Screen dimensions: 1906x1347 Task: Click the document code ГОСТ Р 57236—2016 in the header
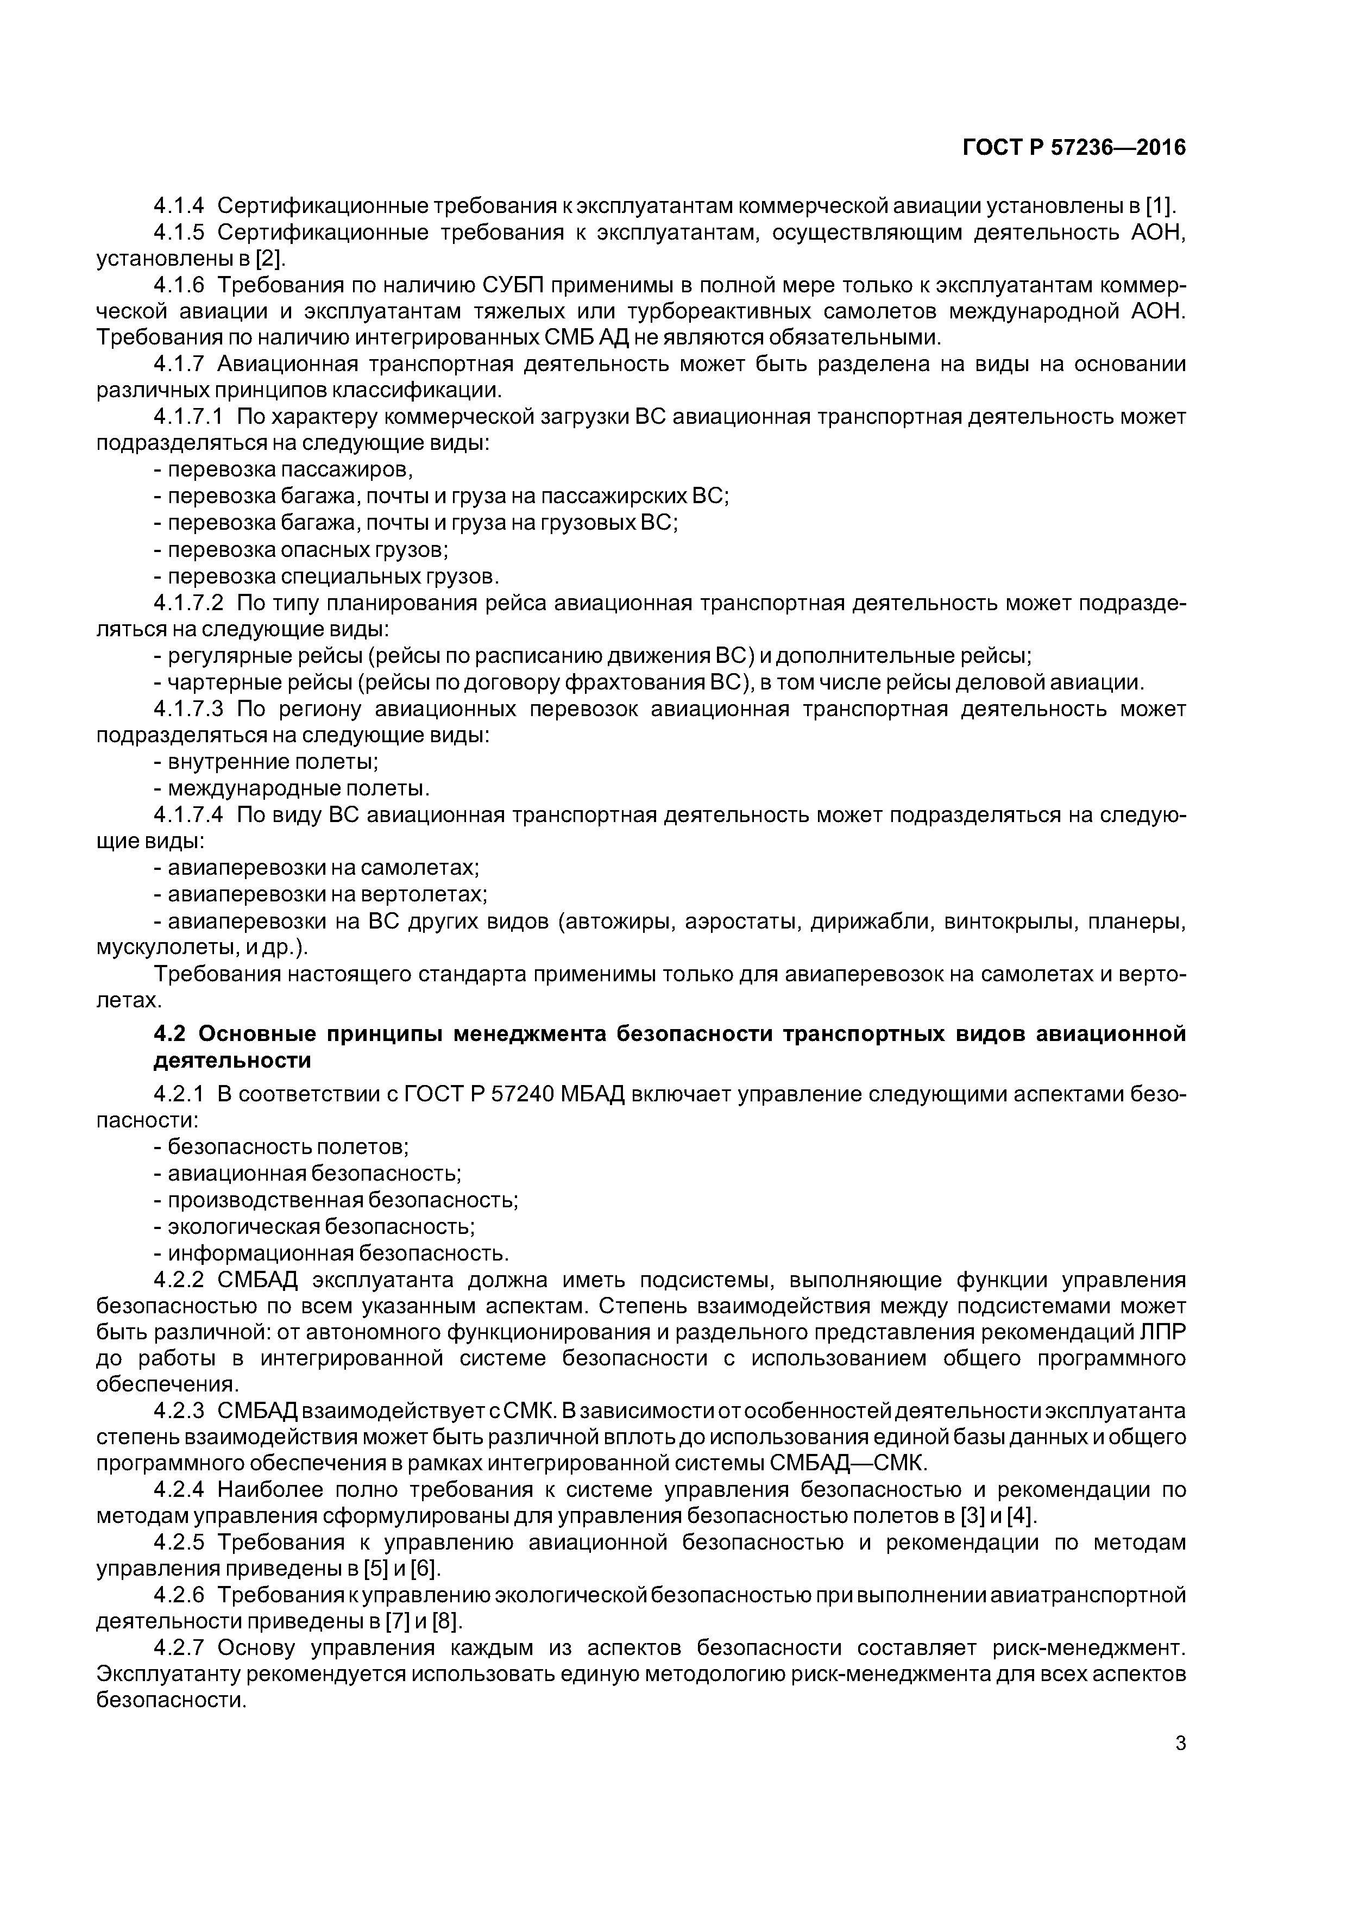tap(1074, 148)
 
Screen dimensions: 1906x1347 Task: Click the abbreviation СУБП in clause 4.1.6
tap(512, 286)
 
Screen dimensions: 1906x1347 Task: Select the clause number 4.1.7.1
tap(189, 417)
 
